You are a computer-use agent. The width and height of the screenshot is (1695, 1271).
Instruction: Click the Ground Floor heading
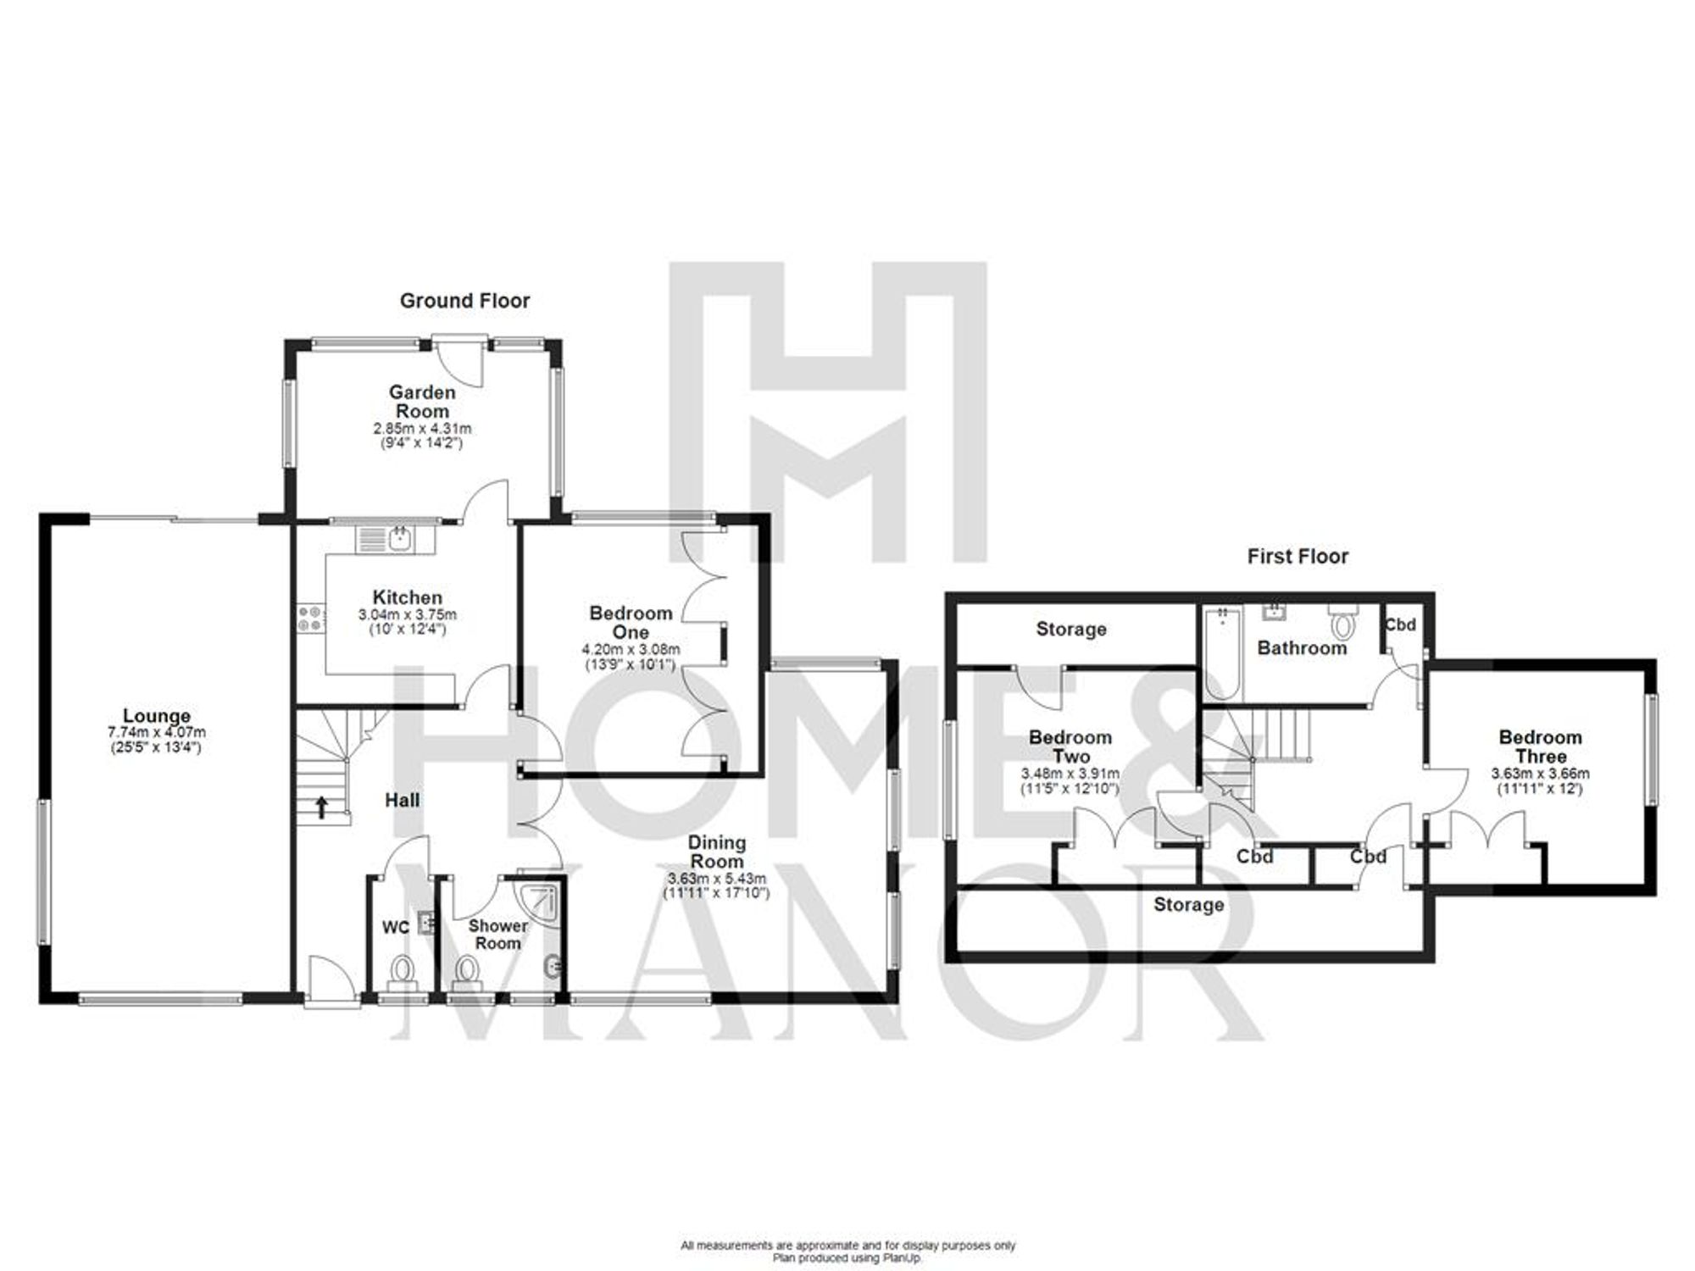click(464, 301)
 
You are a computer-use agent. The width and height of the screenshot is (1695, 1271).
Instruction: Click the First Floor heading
click(1297, 557)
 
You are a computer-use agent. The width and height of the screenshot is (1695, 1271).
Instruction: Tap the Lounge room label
click(157, 717)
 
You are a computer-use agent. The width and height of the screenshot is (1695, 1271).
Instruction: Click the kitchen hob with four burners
click(309, 618)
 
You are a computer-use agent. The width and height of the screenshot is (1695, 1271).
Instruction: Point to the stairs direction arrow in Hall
click(322, 807)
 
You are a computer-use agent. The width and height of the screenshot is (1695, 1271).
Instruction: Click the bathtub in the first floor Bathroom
click(1221, 653)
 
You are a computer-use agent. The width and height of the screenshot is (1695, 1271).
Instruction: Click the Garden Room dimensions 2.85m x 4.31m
click(422, 430)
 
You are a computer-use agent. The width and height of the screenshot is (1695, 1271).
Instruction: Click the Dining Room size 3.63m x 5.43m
click(717, 879)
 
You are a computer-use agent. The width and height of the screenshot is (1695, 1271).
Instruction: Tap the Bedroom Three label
click(1540, 747)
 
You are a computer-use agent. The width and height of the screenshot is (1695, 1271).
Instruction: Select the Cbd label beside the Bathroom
click(1400, 625)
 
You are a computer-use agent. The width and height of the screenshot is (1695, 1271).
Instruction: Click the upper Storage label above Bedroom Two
click(1070, 630)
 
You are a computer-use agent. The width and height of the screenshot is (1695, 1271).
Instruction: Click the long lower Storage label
click(1188, 905)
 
